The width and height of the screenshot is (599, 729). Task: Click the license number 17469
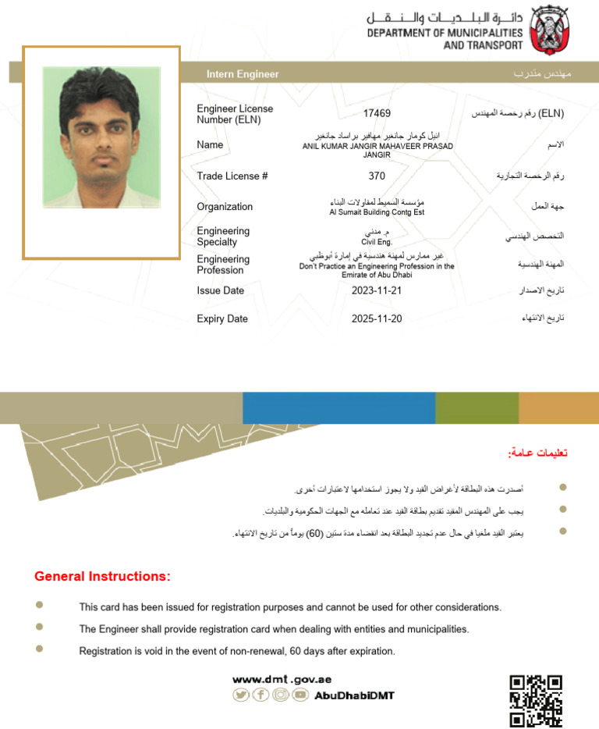377,114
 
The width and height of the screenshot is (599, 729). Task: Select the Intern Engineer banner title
243,74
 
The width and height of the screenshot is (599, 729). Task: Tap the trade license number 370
377,176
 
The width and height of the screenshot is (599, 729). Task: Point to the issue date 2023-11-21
377,290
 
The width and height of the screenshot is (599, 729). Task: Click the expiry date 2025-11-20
377,318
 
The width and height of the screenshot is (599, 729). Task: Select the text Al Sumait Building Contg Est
377,212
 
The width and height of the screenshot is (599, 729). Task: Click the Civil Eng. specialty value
377,243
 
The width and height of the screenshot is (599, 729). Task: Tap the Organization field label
225,207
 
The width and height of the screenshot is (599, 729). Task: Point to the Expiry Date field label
222,318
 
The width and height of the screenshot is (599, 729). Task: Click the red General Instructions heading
102,577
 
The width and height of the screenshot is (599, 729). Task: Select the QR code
536,700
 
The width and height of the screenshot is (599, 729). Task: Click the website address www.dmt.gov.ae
282,679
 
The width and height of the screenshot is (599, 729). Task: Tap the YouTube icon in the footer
300,695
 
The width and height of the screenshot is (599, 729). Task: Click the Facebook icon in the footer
261,695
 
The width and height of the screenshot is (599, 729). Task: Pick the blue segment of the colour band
338,407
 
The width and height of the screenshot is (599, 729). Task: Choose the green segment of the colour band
477,407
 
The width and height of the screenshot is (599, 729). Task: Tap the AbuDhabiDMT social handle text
354,695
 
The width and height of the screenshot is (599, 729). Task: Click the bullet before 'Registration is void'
40,649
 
